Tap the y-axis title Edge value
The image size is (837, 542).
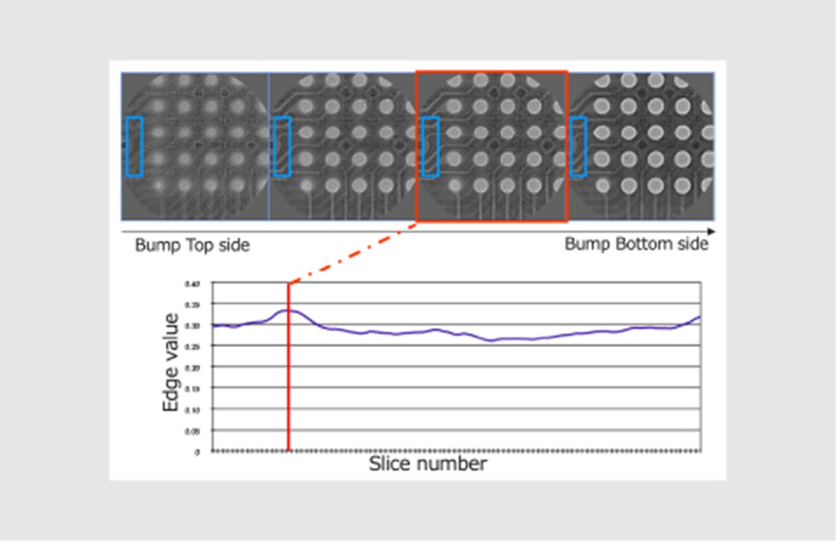pyautogui.click(x=171, y=362)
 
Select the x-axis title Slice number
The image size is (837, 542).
pyautogui.click(x=427, y=464)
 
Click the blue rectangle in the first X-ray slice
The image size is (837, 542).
pyautogui.click(x=134, y=146)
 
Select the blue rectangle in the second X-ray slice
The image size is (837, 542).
pyautogui.click(x=282, y=146)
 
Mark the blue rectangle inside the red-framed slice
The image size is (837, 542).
pyautogui.click(x=430, y=146)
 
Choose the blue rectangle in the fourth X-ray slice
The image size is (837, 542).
pyautogui.click(x=579, y=146)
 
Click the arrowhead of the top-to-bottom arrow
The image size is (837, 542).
pyautogui.click(x=711, y=231)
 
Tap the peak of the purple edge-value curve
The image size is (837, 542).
pyautogui.click(x=289, y=310)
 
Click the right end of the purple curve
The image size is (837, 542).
pyautogui.click(x=700, y=317)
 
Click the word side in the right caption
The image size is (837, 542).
pyautogui.click(x=692, y=244)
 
